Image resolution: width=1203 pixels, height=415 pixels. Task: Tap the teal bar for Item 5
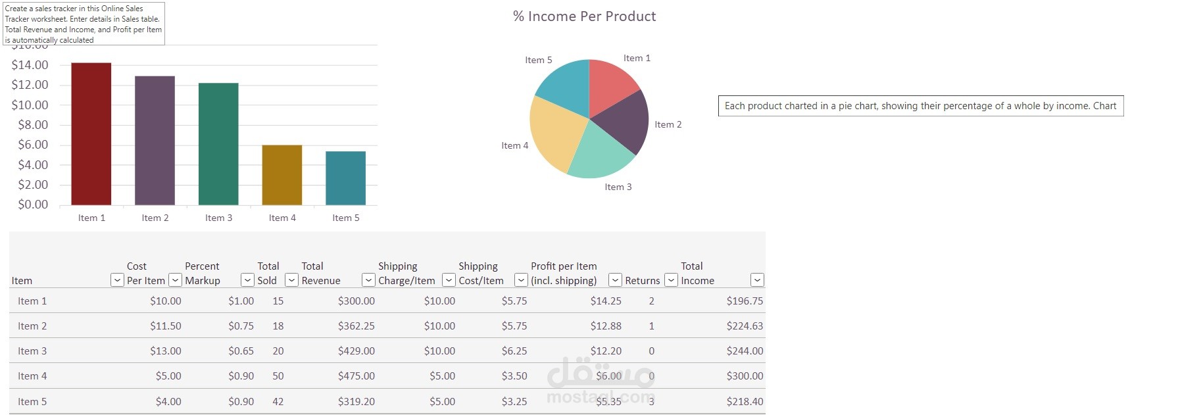[x=345, y=178]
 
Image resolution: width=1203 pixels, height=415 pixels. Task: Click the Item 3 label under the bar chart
[x=218, y=218]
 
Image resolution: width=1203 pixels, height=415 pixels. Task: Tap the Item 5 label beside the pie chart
[x=538, y=60]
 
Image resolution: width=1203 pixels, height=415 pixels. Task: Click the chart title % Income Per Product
[x=584, y=16]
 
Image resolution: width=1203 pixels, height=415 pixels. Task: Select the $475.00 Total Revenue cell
[x=356, y=376]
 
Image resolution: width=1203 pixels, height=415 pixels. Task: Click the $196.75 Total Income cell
[x=745, y=301]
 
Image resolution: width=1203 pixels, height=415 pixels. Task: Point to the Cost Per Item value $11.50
[x=165, y=326]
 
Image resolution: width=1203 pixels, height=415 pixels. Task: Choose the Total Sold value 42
[x=278, y=401]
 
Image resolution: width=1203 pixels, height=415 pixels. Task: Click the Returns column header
[x=642, y=281]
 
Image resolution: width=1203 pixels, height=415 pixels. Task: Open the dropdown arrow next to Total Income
[x=757, y=280]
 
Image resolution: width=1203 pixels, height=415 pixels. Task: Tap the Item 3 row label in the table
[x=32, y=351]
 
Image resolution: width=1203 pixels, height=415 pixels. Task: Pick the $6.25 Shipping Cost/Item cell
[x=514, y=351]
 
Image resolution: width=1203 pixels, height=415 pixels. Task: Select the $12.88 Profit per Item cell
[x=605, y=326]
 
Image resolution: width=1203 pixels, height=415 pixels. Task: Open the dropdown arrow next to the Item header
[x=116, y=280]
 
